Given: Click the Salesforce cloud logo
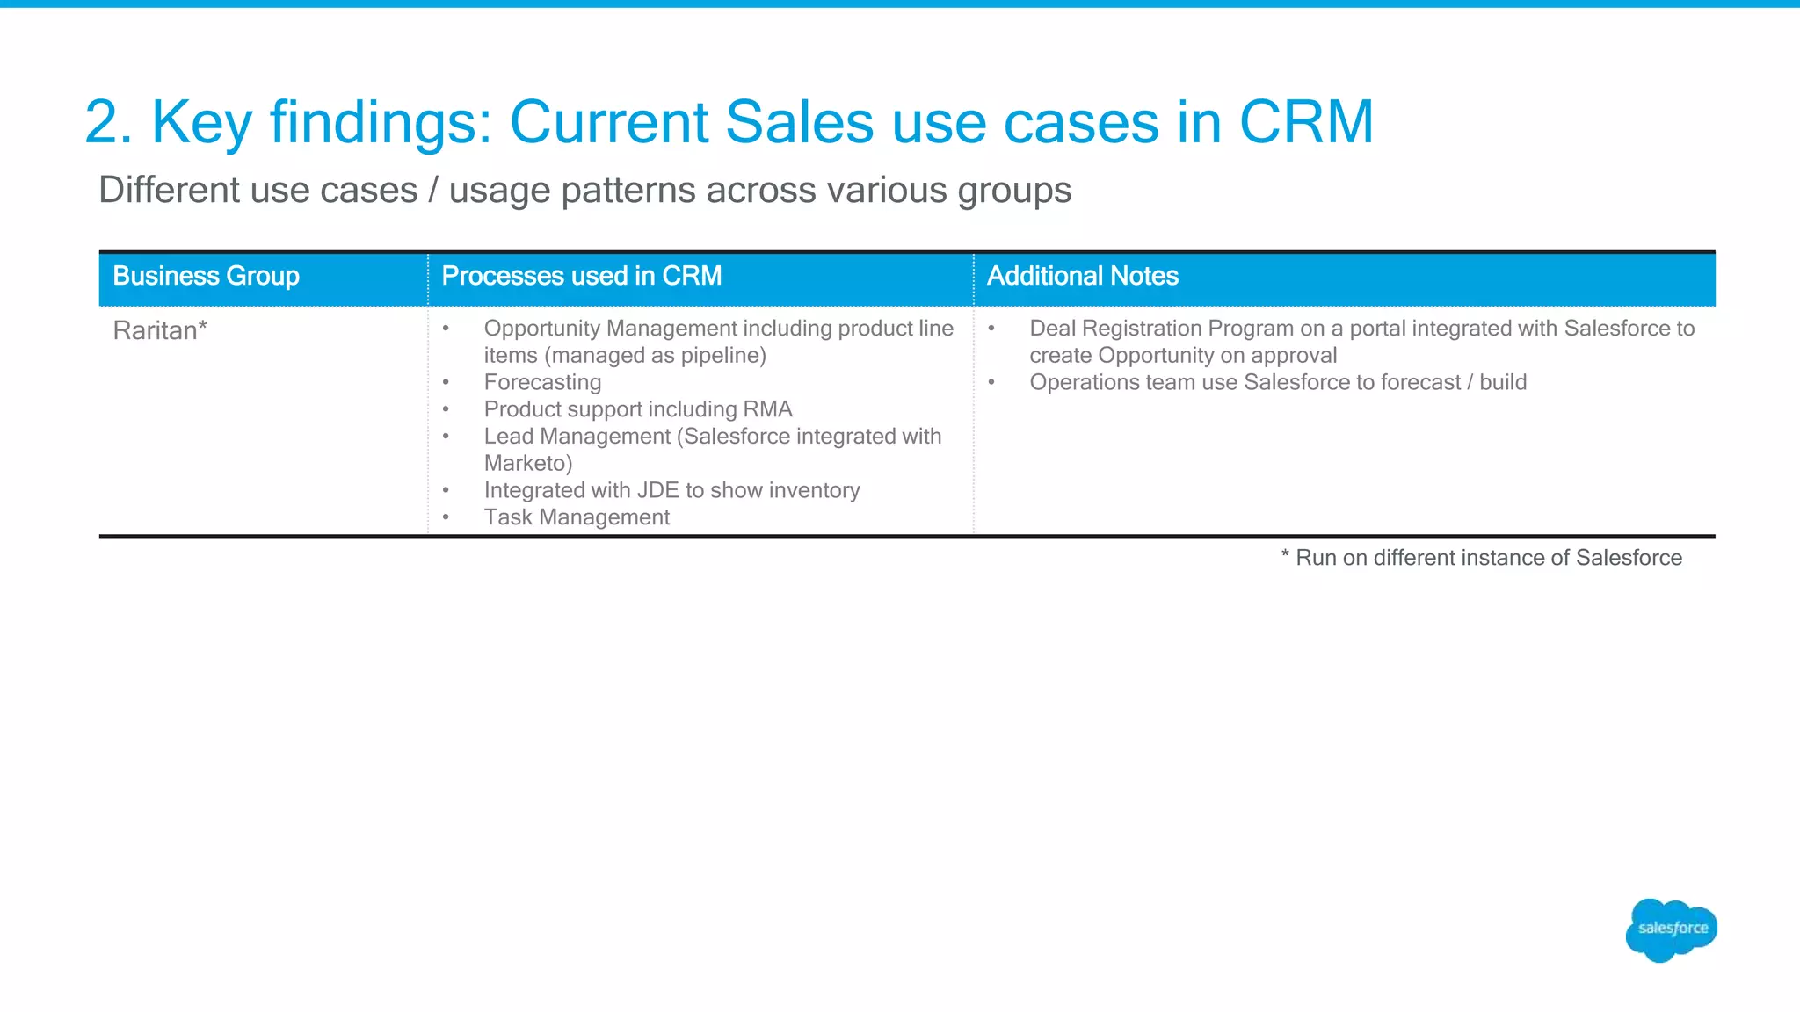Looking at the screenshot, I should [1671, 929].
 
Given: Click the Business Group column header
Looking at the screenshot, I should [206, 276].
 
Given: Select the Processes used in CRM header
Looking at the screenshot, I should [581, 276].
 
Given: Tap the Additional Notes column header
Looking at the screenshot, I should [1082, 276].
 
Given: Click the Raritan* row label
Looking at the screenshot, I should [160, 330].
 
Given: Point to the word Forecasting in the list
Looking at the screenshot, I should [542, 382].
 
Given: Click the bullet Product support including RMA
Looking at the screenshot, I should [638, 409].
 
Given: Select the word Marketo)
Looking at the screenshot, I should [527, 463].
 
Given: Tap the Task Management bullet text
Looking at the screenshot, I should [577, 517].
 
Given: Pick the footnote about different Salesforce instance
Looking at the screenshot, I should [1482, 558].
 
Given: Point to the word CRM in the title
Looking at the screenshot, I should [1305, 121].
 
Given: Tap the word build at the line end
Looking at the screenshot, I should [1503, 382].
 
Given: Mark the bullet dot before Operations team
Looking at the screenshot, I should [991, 382].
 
